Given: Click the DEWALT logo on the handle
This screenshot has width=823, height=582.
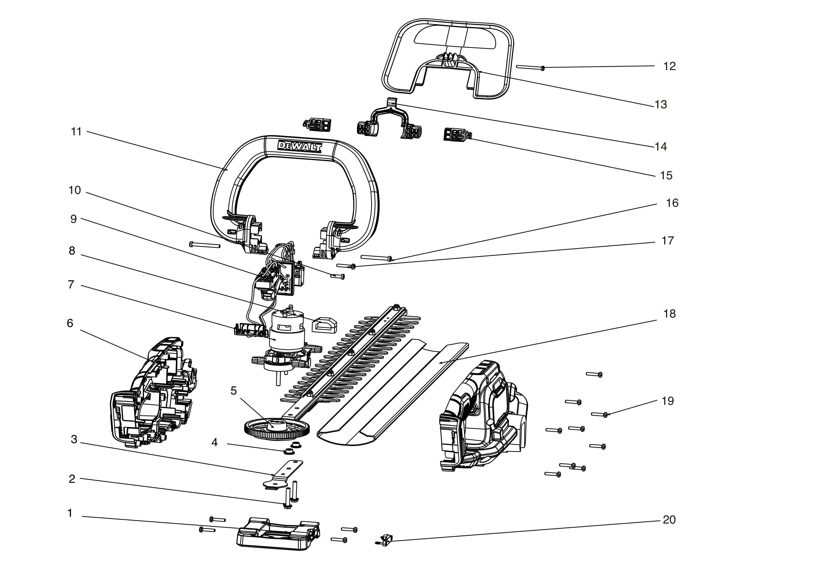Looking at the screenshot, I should click(x=300, y=146).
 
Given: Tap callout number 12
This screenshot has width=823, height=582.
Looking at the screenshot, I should click(x=669, y=66).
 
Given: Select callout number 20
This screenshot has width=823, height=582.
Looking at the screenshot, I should click(x=669, y=520).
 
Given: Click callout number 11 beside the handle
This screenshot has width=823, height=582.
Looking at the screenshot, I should click(x=76, y=132).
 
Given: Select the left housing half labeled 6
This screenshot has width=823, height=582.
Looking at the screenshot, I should click(x=154, y=394).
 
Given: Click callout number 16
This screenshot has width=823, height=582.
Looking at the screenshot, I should click(x=672, y=203).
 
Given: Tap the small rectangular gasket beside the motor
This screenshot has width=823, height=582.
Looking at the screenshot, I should click(x=324, y=325).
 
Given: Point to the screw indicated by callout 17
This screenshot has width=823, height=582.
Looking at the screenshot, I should click(x=346, y=266).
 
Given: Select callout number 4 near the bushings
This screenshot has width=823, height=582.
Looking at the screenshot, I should click(x=214, y=443).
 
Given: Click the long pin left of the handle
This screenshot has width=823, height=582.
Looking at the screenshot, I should click(x=204, y=245).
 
